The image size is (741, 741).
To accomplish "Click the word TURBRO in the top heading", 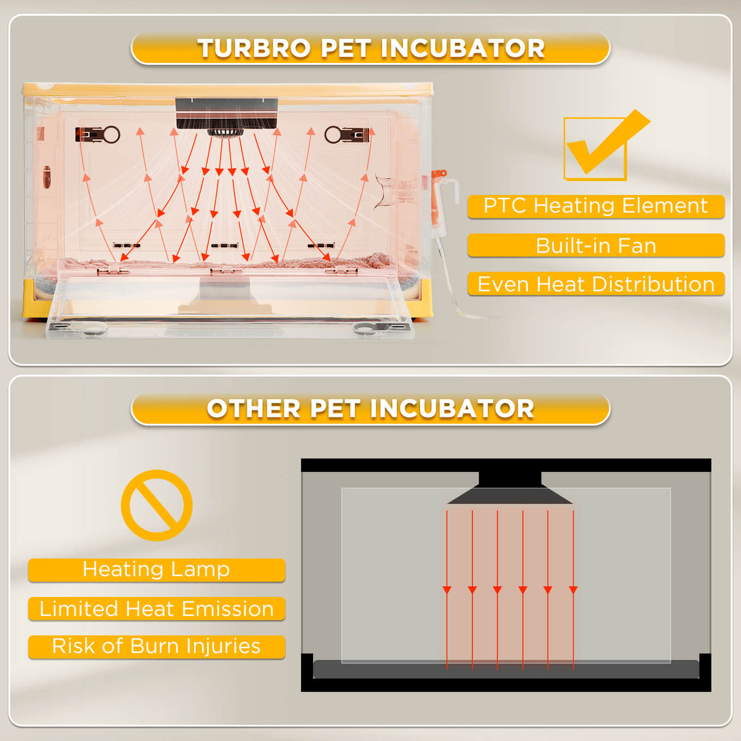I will tap(254, 49).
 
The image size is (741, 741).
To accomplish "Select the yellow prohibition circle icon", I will tap(157, 505).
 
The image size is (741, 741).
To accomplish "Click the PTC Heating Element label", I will tap(596, 206).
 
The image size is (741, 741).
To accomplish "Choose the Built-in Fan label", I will tap(596, 245).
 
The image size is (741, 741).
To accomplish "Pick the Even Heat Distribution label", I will tap(596, 284).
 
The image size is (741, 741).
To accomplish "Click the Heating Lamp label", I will tap(156, 569).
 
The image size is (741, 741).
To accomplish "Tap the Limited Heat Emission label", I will tap(156, 609).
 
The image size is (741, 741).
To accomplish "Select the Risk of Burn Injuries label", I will tap(156, 646).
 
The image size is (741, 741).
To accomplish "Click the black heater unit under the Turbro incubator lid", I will tap(226, 114).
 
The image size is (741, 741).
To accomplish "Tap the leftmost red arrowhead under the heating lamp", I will tap(447, 590).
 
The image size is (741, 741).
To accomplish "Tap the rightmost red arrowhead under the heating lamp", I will tap(573, 590).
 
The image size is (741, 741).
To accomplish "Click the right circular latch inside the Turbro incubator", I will tap(333, 134).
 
